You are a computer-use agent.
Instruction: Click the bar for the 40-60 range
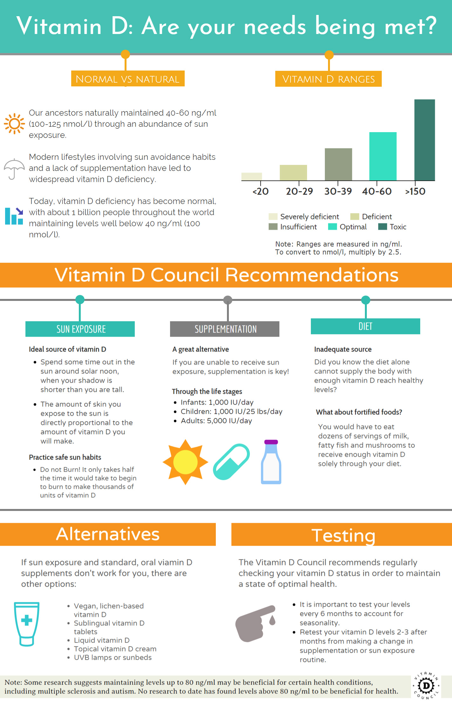tap(383, 156)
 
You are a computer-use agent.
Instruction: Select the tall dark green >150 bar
tap(424, 140)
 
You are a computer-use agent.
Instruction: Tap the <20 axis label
tap(261, 191)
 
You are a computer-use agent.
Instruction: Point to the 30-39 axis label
tap(338, 191)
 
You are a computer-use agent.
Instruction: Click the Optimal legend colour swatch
tap(332, 227)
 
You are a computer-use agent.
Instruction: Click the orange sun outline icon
tap(14, 124)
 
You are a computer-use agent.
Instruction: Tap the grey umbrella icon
tap(14, 168)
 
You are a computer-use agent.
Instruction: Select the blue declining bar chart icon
tap(14, 216)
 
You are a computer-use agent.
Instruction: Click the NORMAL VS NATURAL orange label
tap(128, 79)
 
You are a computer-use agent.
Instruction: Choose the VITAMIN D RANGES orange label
tap(328, 79)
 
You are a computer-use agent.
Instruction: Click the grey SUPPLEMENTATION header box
tap(225, 329)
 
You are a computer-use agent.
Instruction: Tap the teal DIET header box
tap(365, 326)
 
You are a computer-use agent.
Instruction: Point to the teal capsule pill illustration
tap(231, 462)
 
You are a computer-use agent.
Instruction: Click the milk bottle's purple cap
tap(271, 442)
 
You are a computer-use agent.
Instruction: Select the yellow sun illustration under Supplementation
tap(185, 462)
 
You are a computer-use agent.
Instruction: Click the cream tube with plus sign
tap(27, 624)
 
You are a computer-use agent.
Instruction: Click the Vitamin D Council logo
tap(426, 685)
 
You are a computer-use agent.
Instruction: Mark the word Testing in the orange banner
tap(343, 536)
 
